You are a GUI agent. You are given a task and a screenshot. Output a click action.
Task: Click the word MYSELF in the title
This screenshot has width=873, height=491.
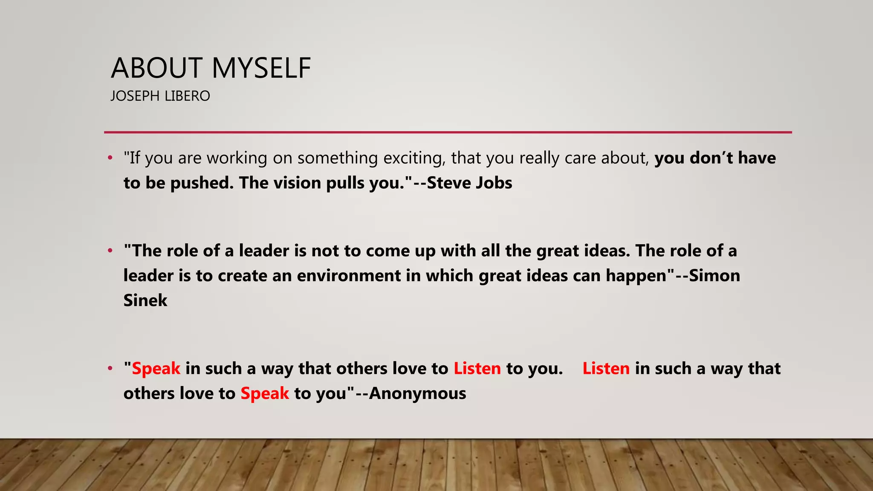coord(261,68)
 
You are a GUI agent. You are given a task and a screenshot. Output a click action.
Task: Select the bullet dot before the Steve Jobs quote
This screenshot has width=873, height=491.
coord(110,158)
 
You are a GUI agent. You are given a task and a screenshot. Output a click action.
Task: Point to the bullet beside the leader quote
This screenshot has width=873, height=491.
coord(110,251)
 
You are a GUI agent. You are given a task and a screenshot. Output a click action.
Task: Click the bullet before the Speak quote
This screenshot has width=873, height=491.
coord(110,368)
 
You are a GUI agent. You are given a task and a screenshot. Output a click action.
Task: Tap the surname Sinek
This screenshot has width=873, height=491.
coord(145,300)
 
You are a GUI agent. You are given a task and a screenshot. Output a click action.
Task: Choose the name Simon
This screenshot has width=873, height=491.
coord(714,276)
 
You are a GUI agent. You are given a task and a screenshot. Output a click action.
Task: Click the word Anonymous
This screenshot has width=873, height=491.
coord(418,393)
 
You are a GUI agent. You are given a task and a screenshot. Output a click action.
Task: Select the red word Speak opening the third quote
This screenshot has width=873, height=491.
coord(156,369)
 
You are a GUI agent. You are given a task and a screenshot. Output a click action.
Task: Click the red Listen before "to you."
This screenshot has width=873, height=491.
coord(477,369)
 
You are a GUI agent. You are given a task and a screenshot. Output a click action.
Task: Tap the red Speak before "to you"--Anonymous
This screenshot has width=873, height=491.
coord(265,393)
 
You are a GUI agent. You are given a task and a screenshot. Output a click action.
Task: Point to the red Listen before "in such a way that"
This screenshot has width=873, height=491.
coord(606,369)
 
